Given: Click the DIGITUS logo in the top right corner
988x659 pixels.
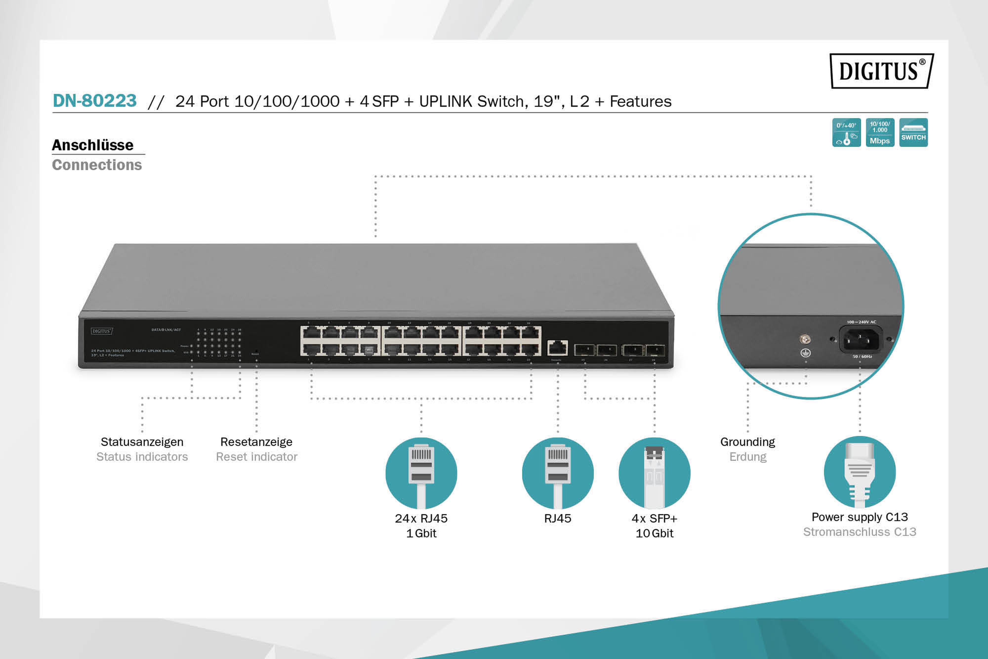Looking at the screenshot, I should click(881, 71).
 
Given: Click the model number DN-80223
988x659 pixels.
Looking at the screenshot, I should click(94, 101).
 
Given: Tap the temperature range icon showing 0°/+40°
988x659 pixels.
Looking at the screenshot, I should click(846, 132).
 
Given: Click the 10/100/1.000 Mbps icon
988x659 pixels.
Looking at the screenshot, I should click(880, 132).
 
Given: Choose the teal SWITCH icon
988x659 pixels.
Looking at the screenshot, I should click(913, 132).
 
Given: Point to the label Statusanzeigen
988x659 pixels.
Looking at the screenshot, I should click(142, 442).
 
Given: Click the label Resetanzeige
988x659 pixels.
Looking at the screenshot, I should click(256, 442).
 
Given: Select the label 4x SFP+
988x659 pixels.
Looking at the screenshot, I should click(654, 518).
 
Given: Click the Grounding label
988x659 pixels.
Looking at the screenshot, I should click(747, 442).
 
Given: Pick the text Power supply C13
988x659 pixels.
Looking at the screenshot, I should click(860, 517).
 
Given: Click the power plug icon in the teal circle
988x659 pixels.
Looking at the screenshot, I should click(860, 472).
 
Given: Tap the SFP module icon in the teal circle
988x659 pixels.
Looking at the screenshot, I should click(654, 473).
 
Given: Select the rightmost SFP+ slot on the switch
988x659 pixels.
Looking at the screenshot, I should click(655, 350).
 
